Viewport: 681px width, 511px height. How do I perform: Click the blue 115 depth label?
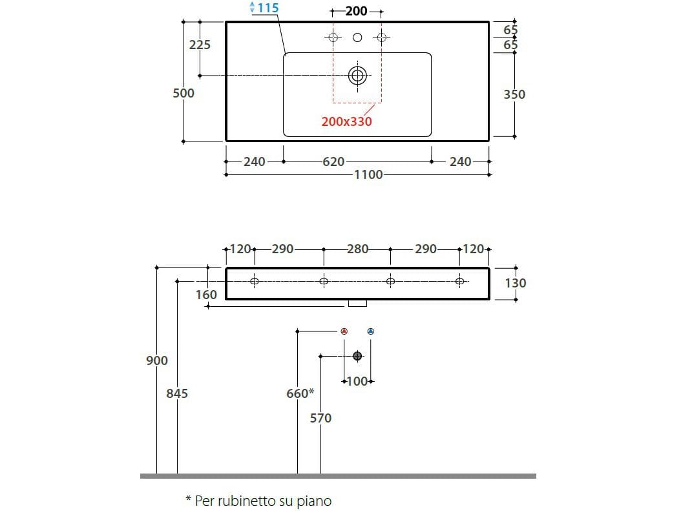(267, 8)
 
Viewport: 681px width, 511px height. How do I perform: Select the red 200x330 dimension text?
(347, 121)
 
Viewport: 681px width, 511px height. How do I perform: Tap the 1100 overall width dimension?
(368, 174)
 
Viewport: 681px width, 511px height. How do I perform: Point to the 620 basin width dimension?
(333, 162)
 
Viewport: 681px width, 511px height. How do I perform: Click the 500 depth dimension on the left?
(183, 93)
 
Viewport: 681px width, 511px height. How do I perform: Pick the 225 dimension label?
(200, 45)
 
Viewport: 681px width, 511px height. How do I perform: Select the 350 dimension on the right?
(514, 94)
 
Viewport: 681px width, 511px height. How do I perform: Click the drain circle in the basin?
(357, 76)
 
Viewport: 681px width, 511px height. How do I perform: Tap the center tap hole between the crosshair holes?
(357, 37)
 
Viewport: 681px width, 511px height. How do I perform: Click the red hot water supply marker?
(344, 331)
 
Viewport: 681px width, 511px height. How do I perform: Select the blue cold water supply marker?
(370, 331)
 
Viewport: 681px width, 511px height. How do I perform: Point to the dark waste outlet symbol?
(357, 356)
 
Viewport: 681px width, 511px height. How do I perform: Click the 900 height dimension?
(157, 360)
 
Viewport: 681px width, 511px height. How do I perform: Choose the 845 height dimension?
(177, 393)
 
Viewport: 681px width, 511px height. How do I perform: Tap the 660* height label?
(300, 393)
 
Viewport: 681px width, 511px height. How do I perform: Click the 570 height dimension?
(320, 419)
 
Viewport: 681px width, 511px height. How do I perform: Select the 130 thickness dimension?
(516, 283)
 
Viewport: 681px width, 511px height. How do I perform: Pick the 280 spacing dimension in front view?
(357, 249)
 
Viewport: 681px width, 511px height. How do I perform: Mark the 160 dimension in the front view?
(207, 295)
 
